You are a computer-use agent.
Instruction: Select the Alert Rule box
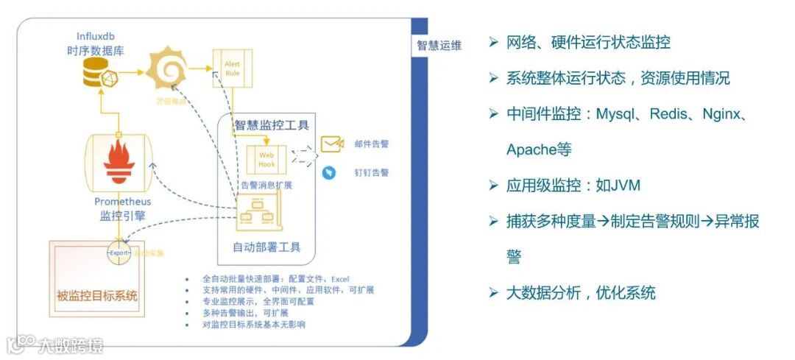232,68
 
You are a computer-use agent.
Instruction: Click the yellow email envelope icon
333,144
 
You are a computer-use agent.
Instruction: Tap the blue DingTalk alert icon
329,172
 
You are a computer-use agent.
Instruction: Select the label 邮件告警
371,144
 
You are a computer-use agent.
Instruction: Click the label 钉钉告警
371,172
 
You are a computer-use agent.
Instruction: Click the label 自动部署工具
266,247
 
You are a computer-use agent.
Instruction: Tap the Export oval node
119,253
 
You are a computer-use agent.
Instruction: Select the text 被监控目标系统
97,297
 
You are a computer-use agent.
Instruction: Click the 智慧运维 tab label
439,46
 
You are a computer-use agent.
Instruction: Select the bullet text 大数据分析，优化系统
581,292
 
